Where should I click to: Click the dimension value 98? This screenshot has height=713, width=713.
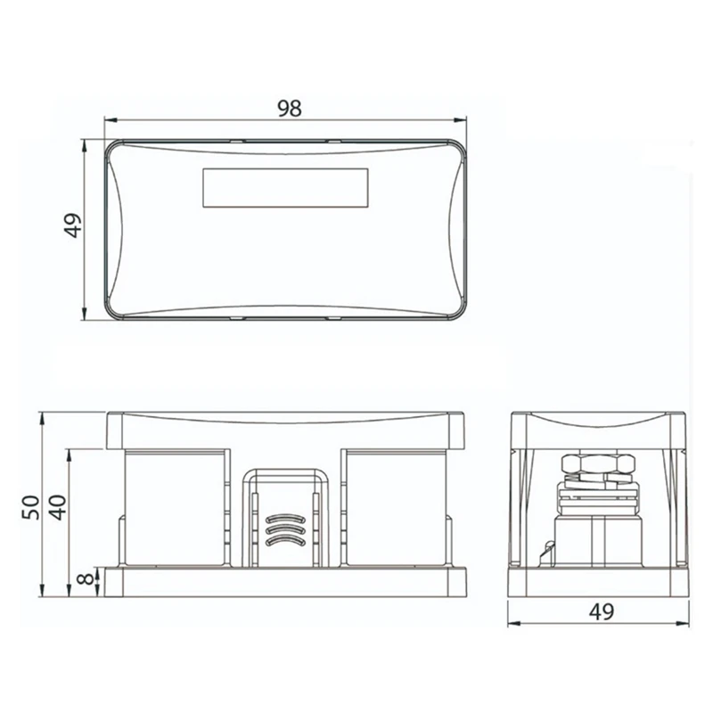tap(290, 109)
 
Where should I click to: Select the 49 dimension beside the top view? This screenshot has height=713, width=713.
tap(73, 225)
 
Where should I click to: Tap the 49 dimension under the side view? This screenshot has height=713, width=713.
tap(602, 611)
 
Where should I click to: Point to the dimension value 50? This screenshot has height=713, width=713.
tap(32, 507)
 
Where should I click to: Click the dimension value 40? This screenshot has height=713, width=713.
tap(58, 507)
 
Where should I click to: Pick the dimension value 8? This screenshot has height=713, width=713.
tap(86, 578)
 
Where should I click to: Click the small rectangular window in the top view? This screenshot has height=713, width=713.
tap(285, 188)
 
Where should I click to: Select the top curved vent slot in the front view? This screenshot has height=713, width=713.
tap(284, 519)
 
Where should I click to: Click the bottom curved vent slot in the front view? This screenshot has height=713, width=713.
tap(284, 540)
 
